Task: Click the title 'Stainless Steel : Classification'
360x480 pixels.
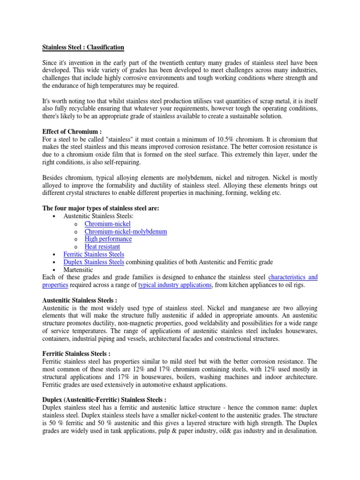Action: tap(83, 47)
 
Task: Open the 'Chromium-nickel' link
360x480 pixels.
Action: tap(107, 224)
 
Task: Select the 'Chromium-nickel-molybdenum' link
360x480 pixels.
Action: tap(126, 232)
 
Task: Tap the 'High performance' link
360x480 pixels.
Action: tap(108, 239)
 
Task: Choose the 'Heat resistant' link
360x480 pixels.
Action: tap(102, 247)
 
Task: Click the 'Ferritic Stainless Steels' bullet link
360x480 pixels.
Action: tap(94, 254)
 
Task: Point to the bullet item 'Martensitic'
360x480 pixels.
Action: tap(78, 270)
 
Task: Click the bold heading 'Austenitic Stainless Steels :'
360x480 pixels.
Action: tap(80, 300)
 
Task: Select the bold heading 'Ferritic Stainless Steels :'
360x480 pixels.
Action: tap(76, 353)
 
